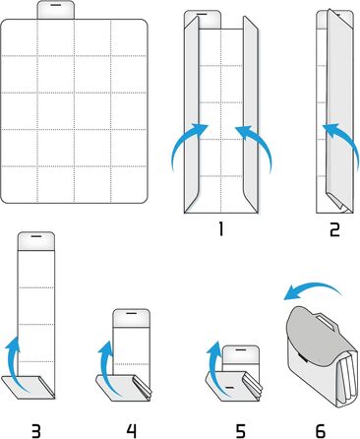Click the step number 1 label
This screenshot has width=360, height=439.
point(221,229)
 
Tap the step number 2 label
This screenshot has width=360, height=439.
point(334,229)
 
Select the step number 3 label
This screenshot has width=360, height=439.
point(35,430)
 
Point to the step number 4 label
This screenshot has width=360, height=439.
point(131,430)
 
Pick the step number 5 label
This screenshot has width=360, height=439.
point(240,430)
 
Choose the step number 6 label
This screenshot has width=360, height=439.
point(320,430)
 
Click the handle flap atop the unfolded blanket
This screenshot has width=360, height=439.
point(56,10)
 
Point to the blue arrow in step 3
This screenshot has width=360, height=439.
point(15,364)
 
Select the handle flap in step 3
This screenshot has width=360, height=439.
point(36,241)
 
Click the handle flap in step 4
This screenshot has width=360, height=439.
point(132,318)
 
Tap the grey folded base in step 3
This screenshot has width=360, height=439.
point(27,387)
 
